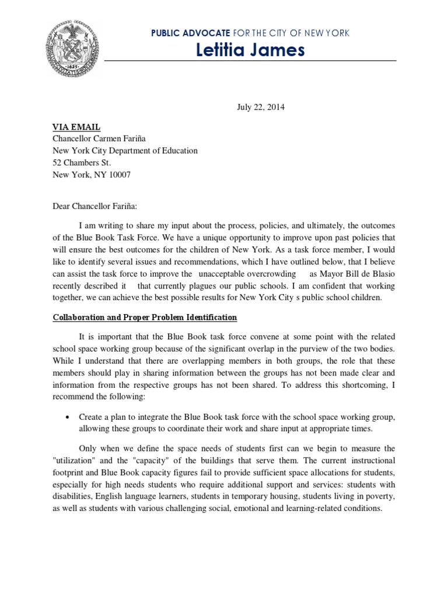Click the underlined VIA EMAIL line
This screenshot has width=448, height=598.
coord(76,126)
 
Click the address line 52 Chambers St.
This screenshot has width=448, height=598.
coord(82,162)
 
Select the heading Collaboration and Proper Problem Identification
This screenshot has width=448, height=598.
coord(145,317)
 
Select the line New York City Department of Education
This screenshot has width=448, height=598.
coord(125,150)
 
